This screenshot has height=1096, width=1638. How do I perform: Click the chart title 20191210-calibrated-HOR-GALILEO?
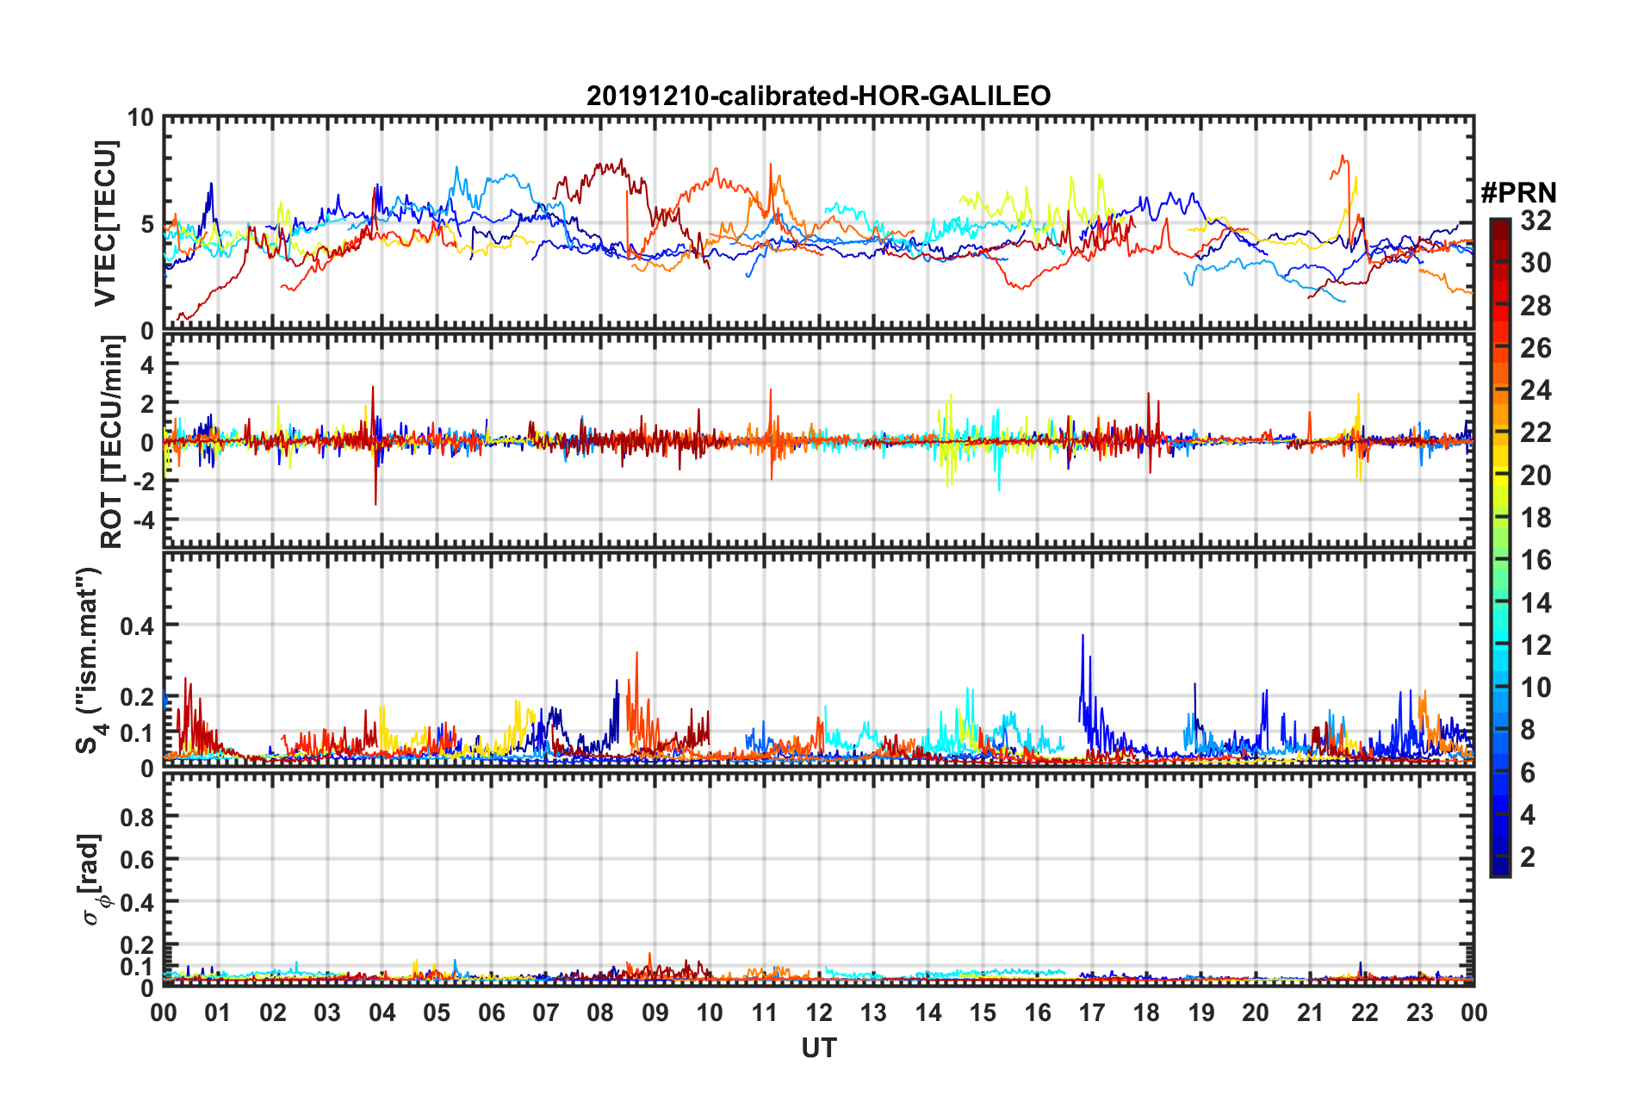coord(818,96)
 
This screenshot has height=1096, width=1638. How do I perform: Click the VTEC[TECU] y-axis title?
coord(105,224)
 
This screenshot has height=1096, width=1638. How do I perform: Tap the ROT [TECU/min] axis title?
coord(112,442)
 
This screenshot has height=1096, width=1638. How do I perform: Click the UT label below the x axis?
coord(818,1048)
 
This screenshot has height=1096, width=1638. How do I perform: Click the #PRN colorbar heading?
coord(1518,193)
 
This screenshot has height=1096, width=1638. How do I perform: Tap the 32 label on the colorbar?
coord(1536,221)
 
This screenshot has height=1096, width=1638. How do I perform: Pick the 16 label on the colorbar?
coord(1536,560)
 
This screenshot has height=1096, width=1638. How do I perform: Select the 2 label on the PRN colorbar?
coord(1528,856)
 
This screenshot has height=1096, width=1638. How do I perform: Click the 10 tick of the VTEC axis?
coord(141,118)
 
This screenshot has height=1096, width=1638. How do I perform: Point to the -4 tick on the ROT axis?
coord(141,520)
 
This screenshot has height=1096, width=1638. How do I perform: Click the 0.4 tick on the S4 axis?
coord(137,626)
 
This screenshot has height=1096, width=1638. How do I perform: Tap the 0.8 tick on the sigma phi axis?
coord(138,817)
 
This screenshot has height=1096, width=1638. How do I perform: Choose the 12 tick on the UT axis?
coord(819,1012)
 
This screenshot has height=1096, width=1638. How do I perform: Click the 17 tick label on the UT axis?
coord(1092,1012)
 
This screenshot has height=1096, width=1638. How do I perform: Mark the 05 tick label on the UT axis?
coord(437,1012)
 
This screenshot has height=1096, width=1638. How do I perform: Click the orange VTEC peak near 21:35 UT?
coord(1342,158)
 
